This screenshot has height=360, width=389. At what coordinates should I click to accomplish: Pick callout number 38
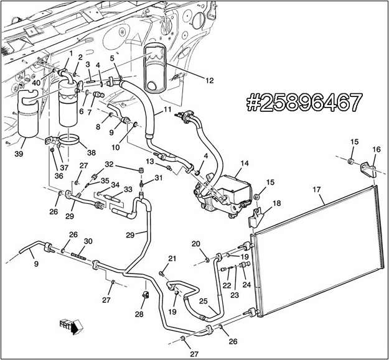(x=91, y=152)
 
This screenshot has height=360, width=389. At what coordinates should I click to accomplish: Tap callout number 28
(x=138, y=314)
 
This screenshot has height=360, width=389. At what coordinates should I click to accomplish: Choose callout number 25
(x=203, y=301)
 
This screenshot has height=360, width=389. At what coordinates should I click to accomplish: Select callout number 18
(x=276, y=203)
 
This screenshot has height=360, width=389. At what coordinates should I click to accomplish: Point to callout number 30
(x=88, y=241)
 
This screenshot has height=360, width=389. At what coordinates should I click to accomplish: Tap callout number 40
(x=37, y=83)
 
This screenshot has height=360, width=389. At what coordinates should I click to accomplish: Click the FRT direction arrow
(x=67, y=325)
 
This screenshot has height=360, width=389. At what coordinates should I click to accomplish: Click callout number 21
(x=172, y=259)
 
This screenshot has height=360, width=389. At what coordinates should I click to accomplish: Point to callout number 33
(x=128, y=190)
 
